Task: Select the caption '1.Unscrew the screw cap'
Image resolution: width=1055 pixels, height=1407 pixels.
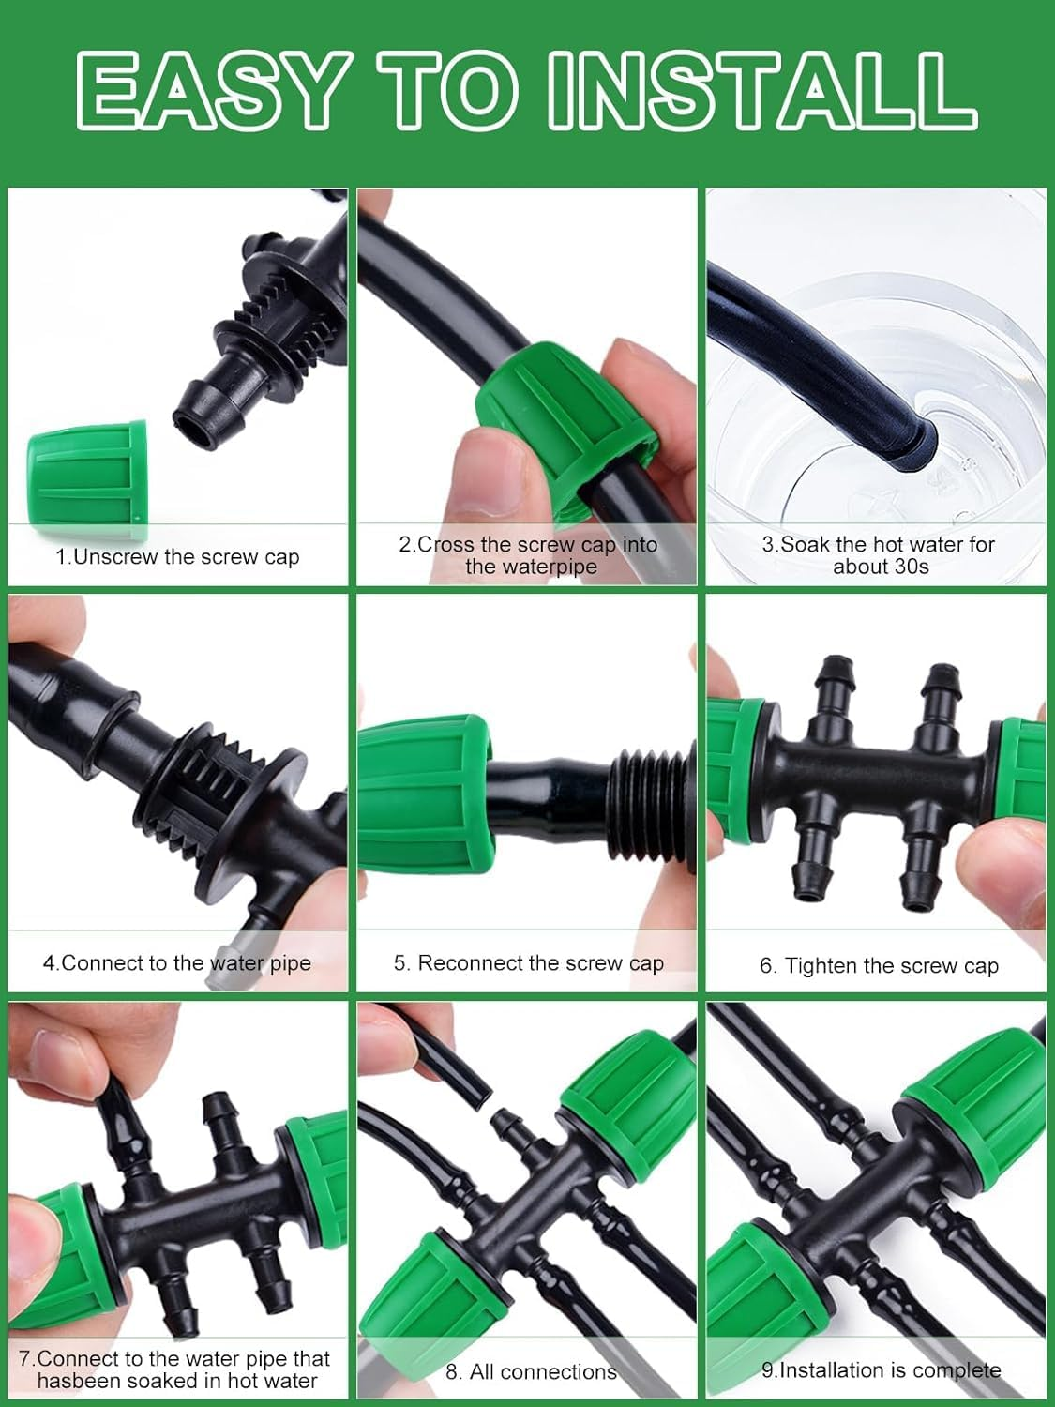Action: (177, 557)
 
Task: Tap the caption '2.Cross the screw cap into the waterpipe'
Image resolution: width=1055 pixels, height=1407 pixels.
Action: (528, 555)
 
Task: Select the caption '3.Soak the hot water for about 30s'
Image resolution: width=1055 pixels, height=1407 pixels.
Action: (879, 555)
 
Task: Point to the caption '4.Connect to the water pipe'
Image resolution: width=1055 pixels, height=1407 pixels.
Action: (177, 963)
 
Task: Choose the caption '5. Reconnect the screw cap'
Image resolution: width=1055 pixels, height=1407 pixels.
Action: (528, 963)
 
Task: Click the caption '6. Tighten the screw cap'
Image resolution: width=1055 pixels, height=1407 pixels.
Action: (879, 966)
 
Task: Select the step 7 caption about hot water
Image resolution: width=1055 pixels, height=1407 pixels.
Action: (175, 1369)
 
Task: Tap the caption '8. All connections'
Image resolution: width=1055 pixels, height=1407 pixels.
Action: (531, 1371)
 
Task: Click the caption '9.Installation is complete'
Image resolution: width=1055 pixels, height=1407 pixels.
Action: (881, 1370)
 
